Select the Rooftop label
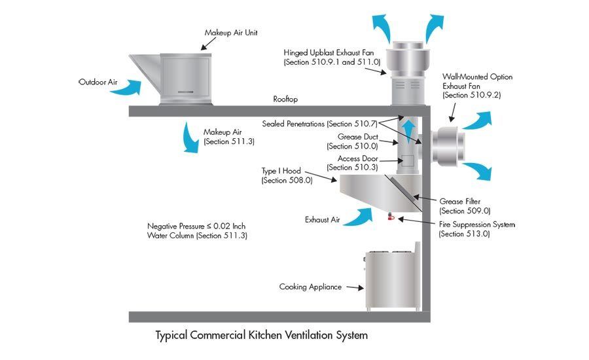coord(285,99)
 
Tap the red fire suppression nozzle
coord(391,217)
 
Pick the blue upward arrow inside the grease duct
coord(407,131)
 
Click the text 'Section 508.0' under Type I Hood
coord(287,180)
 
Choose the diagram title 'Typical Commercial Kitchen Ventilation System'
coord(262,335)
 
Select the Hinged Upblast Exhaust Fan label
coord(323,52)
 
